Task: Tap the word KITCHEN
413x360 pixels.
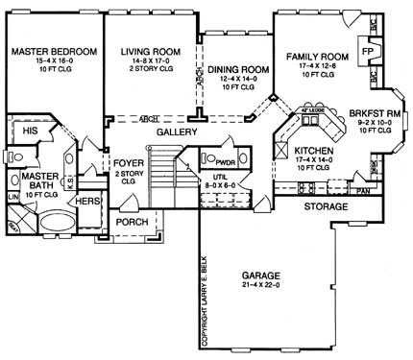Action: click(x=314, y=152)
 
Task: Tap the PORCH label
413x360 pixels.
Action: click(x=132, y=222)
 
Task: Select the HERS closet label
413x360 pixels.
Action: click(x=87, y=201)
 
